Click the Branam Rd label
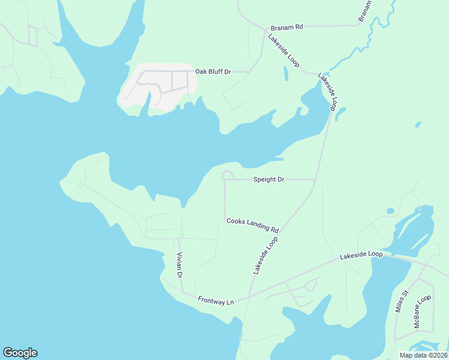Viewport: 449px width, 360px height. [x=287, y=27]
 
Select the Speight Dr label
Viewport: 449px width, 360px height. [x=268, y=179]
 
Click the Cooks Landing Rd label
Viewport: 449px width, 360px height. [x=253, y=225]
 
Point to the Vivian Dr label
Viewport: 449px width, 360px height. [x=179, y=265]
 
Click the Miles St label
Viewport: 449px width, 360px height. [x=401, y=302]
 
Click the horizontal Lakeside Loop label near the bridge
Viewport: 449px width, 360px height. [x=361, y=254]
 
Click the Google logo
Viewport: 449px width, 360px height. [x=20, y=353]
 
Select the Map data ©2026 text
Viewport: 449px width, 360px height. [x=423, y=355]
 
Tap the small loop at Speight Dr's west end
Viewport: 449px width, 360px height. [x=227, y=175]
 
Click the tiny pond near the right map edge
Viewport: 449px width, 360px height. [x=418, y=124]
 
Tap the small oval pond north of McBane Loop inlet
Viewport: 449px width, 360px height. [x=391, y=211]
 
